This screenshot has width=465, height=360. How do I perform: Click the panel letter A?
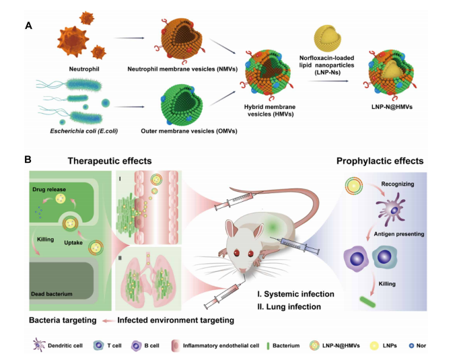[28, 26]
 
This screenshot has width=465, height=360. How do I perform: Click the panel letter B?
[28, 160]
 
